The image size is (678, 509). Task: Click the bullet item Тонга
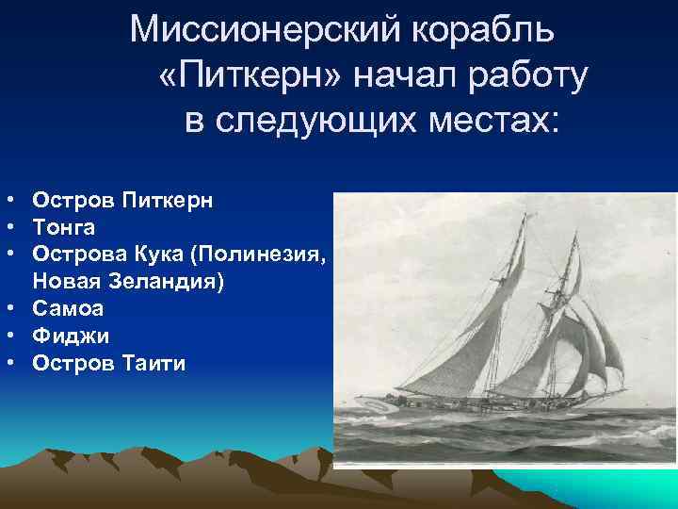click(63, 227)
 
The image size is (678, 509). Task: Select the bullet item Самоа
click(68, 308)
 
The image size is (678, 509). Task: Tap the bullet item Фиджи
click(71, 335)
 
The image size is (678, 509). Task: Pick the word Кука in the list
click(144, 254)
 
